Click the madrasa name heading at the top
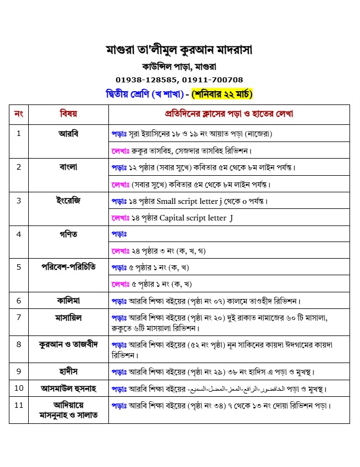point(179,50)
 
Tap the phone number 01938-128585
point(147,80)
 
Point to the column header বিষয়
point(68,114)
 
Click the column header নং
point(19,114)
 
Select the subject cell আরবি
point(68,133)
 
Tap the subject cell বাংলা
point(68,167)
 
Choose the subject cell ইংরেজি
point(68,200)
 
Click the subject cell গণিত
point(68,234)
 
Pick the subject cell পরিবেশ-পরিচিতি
point(68,267)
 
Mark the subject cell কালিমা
point(68,301)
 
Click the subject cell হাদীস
point(68,371)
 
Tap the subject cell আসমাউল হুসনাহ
point(68,388)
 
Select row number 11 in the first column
point(19,405)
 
